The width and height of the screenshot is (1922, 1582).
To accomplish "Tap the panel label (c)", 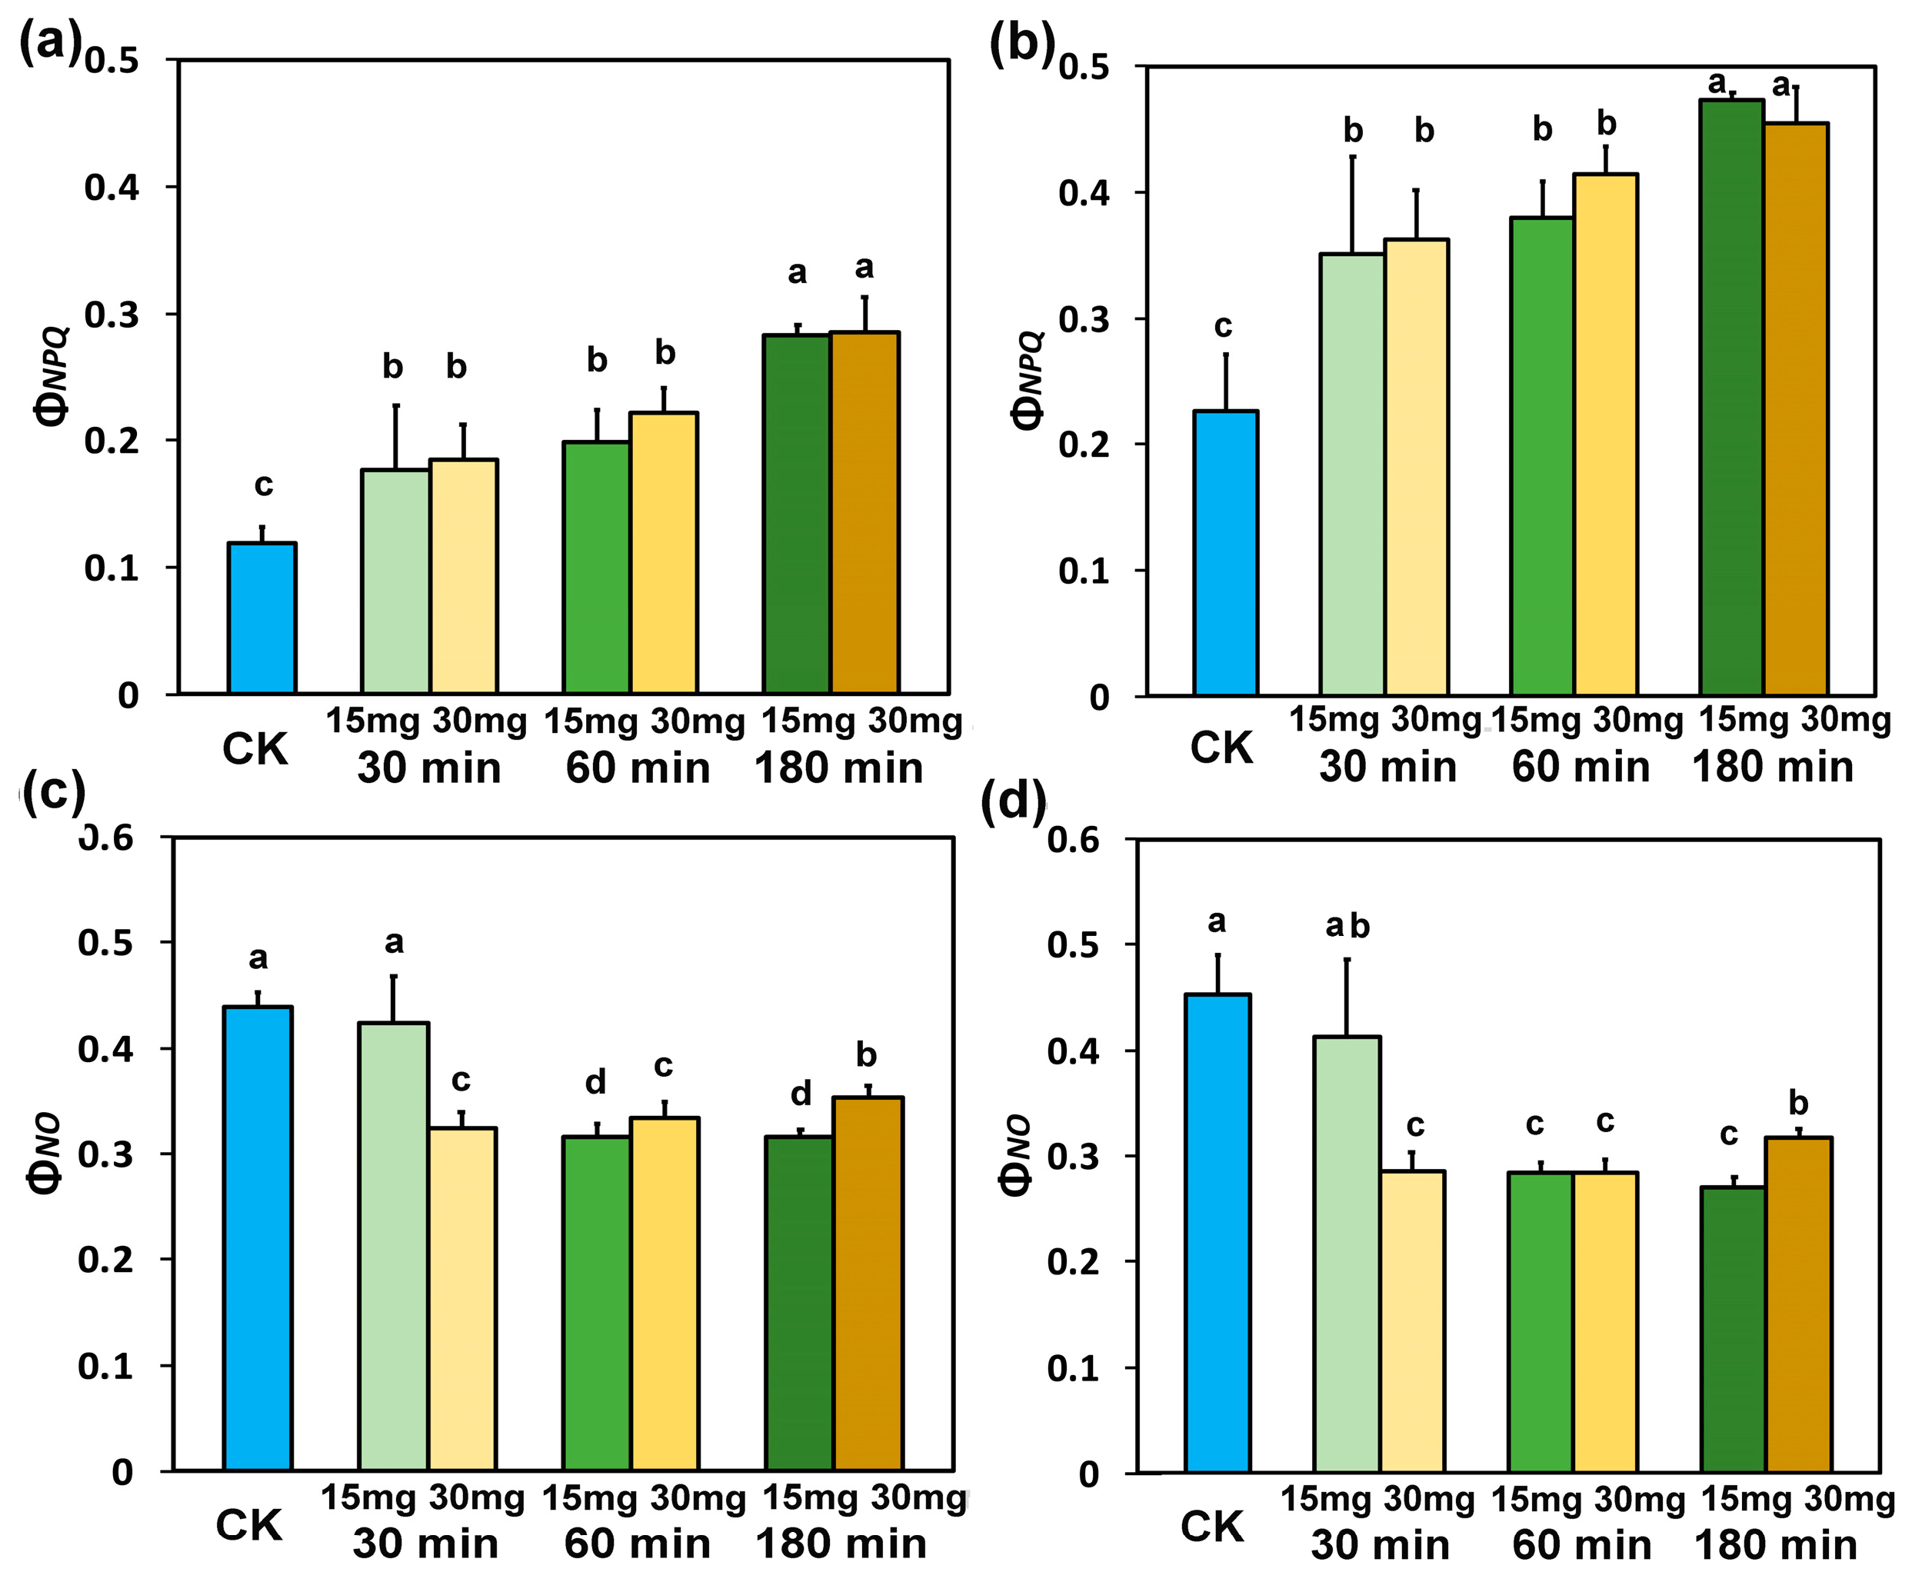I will (x=53, y=792).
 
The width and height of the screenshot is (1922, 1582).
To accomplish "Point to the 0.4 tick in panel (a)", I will (x=112, y=188).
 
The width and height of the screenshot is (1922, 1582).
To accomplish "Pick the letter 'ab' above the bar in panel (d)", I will (x=1347, y=926).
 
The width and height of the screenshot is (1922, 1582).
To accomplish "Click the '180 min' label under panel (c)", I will (x=840, y=1544).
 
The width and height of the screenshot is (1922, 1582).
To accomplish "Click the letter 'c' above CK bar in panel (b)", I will (x=1223, y=326).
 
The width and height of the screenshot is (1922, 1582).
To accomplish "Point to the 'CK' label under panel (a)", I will (x=255, y=749).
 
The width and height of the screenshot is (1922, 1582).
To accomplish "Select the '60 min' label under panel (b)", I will (x=1581, y=767).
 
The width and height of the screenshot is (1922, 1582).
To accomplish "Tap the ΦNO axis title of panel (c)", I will (x=45, y=1153).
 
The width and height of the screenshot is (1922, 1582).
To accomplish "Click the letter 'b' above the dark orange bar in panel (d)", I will (x=1798, y=1104).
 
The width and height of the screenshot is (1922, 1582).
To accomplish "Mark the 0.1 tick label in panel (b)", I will (x=1084, y=571).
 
